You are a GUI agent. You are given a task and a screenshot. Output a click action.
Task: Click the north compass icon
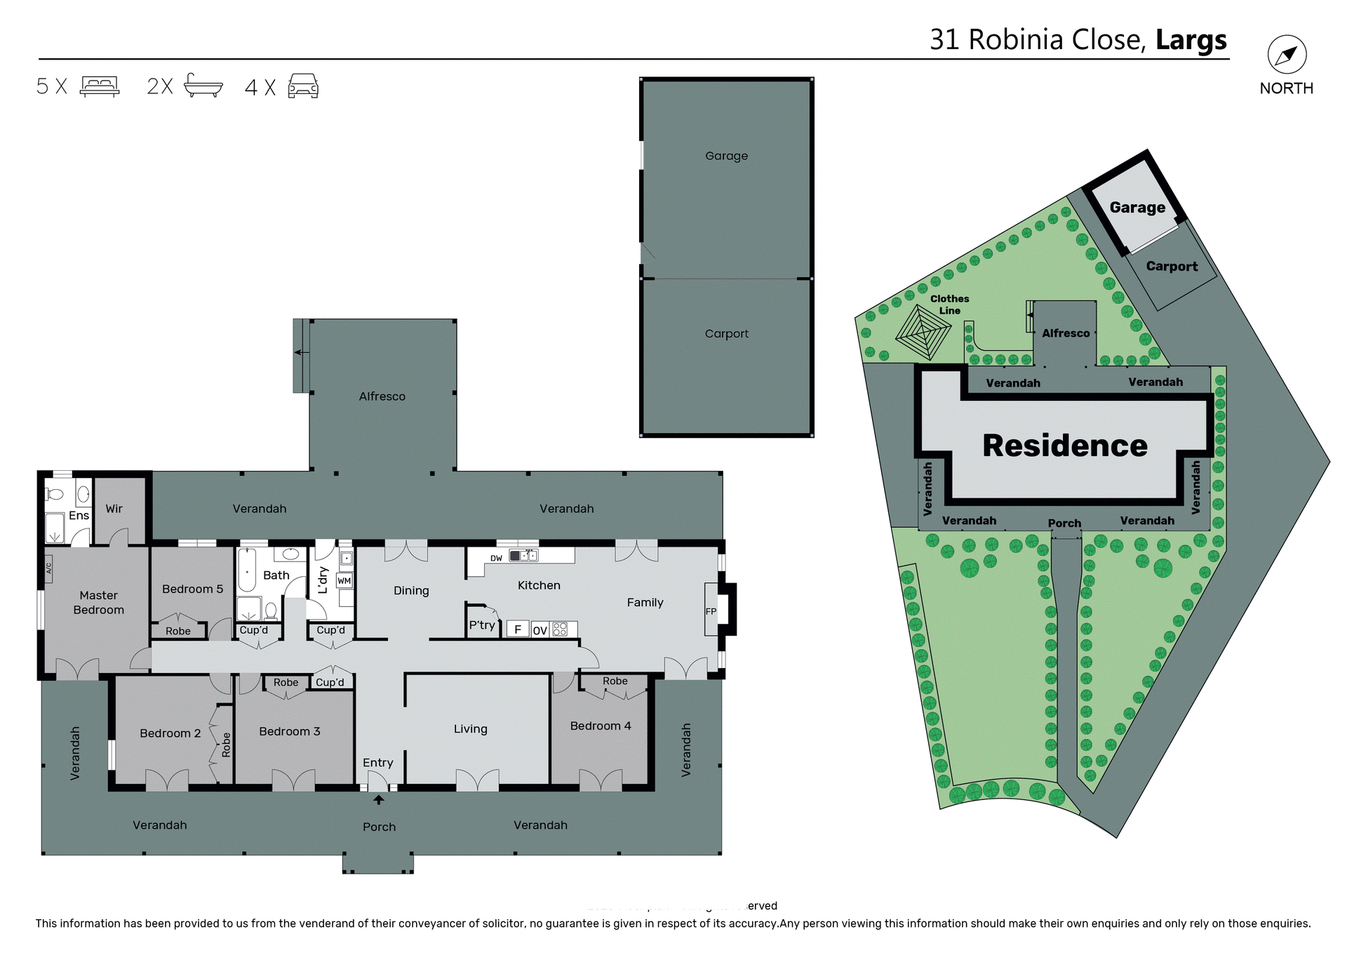[x=1287, y=55]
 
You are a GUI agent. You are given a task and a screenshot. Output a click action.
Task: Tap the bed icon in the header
[x=100, y=86]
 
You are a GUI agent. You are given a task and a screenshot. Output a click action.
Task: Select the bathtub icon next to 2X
[x=203, y=86]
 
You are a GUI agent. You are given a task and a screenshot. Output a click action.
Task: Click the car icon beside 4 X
[x=303, y=86]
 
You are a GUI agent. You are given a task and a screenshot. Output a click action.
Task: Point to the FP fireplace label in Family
[x=711, y=611]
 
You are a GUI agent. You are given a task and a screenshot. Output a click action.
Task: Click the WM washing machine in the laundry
[x=344, y=581]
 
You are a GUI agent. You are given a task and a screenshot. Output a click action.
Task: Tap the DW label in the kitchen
[x=496, y=559]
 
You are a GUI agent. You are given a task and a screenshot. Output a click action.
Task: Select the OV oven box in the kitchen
[x=540, y=630]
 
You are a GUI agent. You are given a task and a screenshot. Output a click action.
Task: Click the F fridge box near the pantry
[x=518, y=629]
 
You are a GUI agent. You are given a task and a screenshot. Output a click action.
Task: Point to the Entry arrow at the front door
[x=378, y=799]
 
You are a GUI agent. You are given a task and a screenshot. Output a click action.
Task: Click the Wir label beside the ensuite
[x=114, y=509]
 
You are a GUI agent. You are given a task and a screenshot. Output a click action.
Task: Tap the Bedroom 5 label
[x=192, y=589]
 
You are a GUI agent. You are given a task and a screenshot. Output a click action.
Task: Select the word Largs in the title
[x=1191, y=40]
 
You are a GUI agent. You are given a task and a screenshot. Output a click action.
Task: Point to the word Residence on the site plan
[x=1064, y=446]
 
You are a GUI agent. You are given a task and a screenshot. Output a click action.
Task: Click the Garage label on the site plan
[x=1137, y=208]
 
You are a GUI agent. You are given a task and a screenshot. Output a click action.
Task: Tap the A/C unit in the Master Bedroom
[x=49, y=568]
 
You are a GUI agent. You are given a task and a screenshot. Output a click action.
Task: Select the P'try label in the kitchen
[x=482, y=625]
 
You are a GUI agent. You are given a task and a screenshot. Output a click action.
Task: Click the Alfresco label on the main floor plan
[x=382, y=396]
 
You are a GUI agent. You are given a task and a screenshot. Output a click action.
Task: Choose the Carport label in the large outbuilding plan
[x=726, y=334]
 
